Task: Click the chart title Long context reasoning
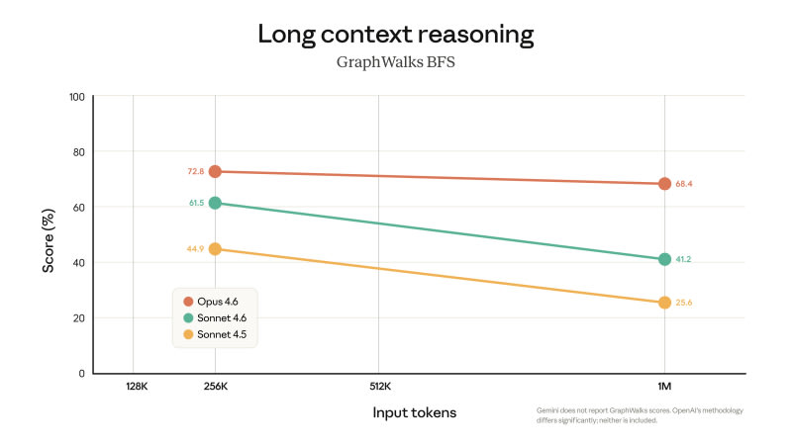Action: coord(396,35)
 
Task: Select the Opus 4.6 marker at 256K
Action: coord(215,172)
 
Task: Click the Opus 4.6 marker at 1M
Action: coord(664,184)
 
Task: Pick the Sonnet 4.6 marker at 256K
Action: coord(215,203)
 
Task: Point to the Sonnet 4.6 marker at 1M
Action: coord(664,259)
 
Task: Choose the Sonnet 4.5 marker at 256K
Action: coord(215,249)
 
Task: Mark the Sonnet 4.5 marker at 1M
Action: coord(664,303)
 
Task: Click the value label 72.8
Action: coord(195,172)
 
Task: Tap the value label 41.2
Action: coord(684,259)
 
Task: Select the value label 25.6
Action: coord(684,303)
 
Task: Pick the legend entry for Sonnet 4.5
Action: coord(216,335)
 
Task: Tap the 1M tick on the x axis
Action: coord(664,388)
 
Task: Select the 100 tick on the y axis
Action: coord(76,97)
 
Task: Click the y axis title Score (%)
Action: coord(48,235)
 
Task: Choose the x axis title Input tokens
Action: coord(415,412)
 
